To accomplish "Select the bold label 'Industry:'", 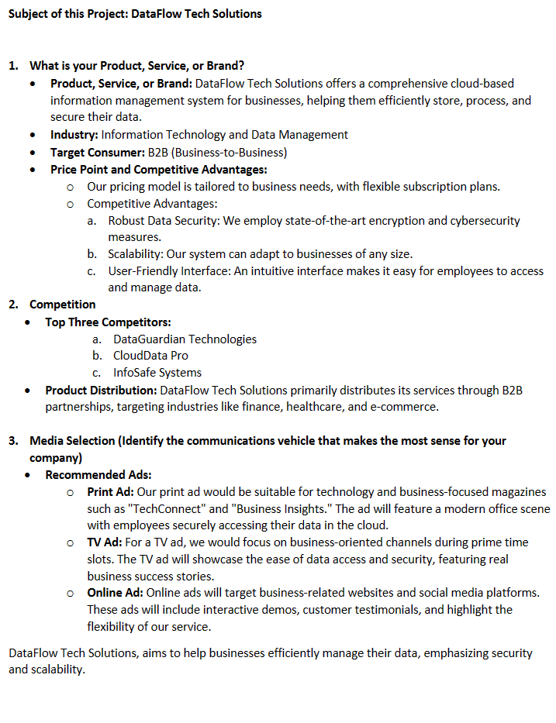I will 74,135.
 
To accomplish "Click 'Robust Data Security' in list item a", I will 163,221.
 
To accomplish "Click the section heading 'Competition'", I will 63,305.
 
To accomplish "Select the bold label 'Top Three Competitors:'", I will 108,322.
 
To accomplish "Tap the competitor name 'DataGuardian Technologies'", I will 185,339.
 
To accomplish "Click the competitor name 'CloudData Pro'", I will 150,356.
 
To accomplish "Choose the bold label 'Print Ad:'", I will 110,491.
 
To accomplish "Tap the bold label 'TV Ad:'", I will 105,542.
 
